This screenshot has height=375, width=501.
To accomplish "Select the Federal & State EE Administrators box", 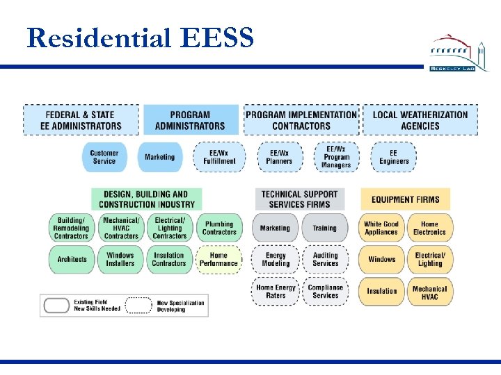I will [x=81, y=120].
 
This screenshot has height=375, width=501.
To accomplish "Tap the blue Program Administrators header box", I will [x=190, y=120].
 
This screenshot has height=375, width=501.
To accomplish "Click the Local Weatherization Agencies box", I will [x=420, y=120].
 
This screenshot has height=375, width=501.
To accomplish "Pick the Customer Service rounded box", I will [x=104, y=157].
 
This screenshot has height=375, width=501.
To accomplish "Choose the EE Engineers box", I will [x=394, y=157].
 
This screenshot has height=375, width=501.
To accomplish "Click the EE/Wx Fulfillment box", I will [x=219, y=157].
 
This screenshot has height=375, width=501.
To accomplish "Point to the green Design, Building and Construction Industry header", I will [x=147, y=199].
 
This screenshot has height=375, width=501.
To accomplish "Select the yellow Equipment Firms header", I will [x=406, y=199].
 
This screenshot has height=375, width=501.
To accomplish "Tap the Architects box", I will [x=72, y=259].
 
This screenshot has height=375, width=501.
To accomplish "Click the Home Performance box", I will [x=218, y=259].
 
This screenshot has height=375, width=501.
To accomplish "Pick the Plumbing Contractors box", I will [x=219, y=228].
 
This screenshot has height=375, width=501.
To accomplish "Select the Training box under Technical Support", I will [x=324, y=228].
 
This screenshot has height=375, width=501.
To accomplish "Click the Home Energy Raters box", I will [x=276, y=292].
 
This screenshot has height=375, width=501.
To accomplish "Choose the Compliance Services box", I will [x=325, y=292].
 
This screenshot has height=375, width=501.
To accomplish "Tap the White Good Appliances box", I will [x=381, y=228].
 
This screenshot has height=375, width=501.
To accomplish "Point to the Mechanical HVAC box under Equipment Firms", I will [x=429, y=292].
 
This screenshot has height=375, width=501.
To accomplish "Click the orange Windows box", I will [x=381, y=259].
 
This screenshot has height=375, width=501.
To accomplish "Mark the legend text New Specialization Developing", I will [x=180, y=306].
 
